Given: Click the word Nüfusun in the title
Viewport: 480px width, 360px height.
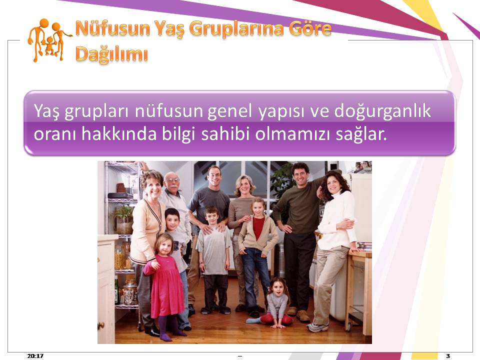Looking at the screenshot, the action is pyautogui.click(x=112, y=28).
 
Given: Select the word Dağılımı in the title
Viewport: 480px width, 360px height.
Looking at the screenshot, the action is pyautogui.click(x=111, y=54).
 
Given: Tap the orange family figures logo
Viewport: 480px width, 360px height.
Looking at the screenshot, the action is pyautogui.click(x=49, y=40).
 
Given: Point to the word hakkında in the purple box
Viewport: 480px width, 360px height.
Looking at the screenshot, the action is pyautogui.click(x=119, y=134).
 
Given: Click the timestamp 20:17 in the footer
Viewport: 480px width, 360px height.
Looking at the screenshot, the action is pyautogui.click(x=35, y=355).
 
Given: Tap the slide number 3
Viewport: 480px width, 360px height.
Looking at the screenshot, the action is pyautogui.click(x=448, y=355).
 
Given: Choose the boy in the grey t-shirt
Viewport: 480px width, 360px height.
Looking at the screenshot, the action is pyautogui.click(x=213, y=260).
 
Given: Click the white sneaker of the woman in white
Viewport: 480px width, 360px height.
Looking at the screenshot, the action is pyautogui.click(x=318, y=327).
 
